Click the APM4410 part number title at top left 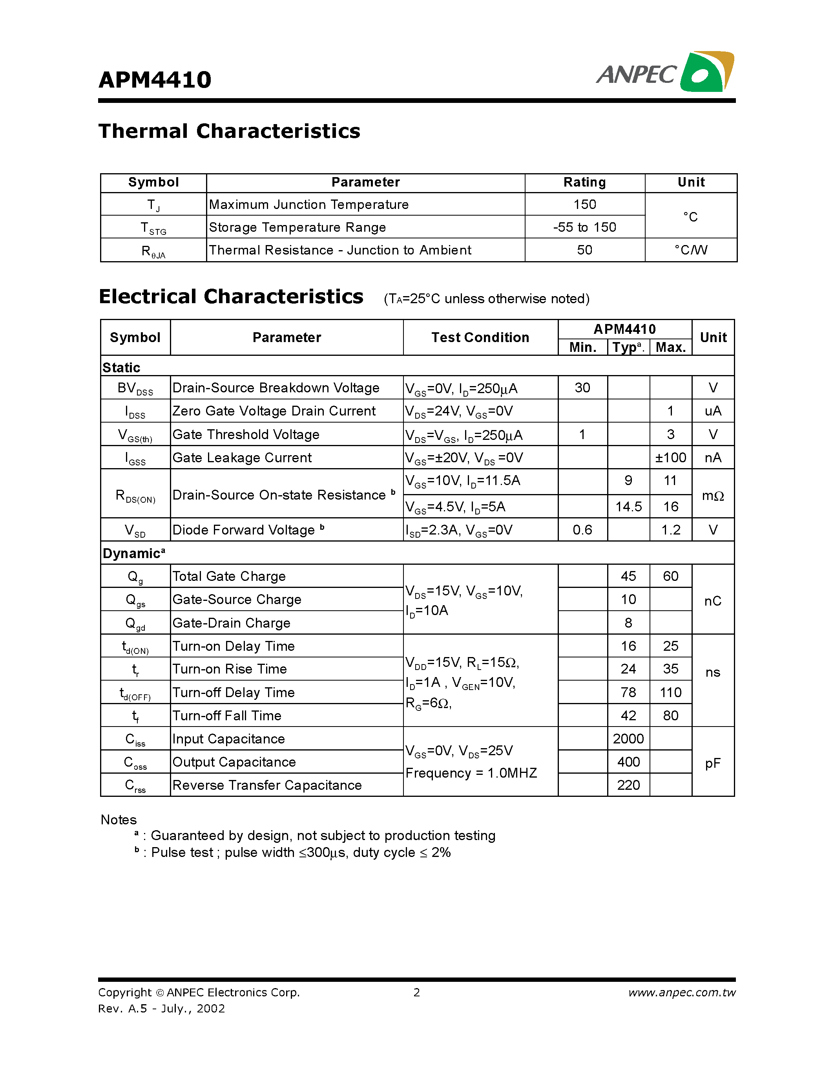click(155, 80)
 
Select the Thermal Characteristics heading click(229, 132)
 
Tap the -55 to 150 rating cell click(584, 227)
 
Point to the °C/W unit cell click(691, 250)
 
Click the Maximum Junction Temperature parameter click(309, 204)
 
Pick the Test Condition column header click(480, 337)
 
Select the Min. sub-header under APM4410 click(582, 347)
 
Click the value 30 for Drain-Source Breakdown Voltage click(582, 388)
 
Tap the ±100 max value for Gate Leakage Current click(670, 458)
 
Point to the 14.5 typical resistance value click(628, 506)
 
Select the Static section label click(122, 368)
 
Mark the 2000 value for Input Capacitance click(628, 739)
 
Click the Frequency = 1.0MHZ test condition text click(471, 773)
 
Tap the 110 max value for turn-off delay click(670, 692)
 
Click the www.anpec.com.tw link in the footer click(682, 992)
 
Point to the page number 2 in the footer click(416, 992)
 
